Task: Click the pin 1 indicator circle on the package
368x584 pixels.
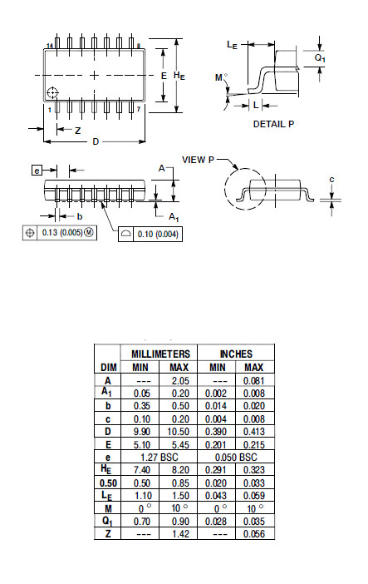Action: (x=52, y=92)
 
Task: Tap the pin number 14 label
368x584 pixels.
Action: (x=50, y=46)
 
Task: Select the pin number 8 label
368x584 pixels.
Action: (x=139, y=46)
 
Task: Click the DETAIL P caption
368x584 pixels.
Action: (x=273, y=124)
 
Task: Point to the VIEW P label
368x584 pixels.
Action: (x=198, y=160)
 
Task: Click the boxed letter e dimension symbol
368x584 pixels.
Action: (x=37, y=171)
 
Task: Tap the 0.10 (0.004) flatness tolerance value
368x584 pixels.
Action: (x=158, y=235)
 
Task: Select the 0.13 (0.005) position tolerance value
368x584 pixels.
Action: (x=62, y=233)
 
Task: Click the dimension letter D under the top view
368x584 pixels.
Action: (x=96, y=141)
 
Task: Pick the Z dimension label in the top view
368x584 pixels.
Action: (x=78, y=131)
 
